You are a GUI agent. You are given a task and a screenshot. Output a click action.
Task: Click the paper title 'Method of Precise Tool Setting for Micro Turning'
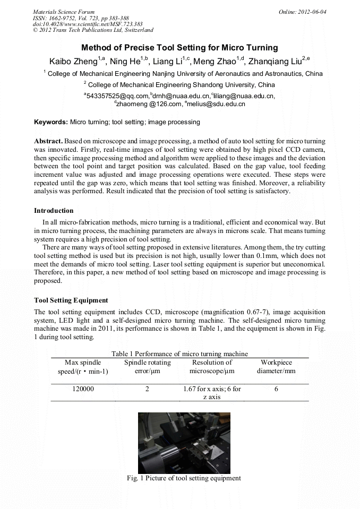[179, 48]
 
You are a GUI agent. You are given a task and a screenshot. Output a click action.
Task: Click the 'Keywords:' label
[51, 122]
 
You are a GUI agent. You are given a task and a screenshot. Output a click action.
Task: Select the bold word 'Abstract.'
[48, 142]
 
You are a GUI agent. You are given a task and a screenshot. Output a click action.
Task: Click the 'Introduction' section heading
[54, 211]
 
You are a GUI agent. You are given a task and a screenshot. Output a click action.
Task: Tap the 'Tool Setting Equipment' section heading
[71, 300]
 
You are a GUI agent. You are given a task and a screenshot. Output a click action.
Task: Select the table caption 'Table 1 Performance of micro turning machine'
[179, 353]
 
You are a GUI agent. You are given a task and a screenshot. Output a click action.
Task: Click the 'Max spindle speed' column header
[82, 367]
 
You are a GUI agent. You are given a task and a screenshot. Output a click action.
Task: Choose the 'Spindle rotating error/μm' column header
[147, 367]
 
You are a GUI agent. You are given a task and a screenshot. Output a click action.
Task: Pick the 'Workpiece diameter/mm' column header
[276, 367]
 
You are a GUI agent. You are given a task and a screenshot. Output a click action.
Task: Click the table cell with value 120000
[83, 389]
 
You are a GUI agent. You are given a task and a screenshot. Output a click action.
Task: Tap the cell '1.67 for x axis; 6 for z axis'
[212, 393]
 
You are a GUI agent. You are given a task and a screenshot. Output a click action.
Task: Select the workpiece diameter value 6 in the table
[276, 389]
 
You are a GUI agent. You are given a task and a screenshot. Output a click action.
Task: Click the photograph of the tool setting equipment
[184, 443]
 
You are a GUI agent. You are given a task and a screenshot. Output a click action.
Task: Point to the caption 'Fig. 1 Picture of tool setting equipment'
[184, 478]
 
